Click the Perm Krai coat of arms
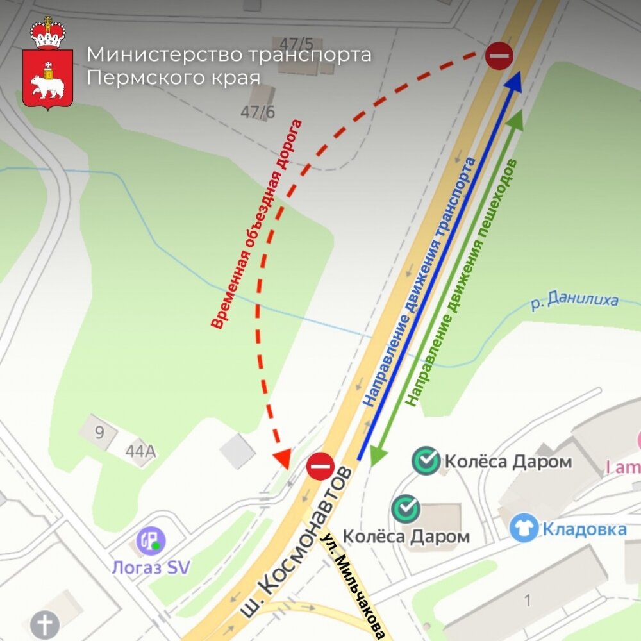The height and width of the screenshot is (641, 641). tap(48, 64)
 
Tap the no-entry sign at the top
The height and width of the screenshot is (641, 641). tap(499, 56)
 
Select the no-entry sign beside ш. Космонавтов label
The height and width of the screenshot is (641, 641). tap(320, 466)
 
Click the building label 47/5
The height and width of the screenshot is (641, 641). tap(297, 44)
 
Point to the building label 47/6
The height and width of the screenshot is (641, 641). tap(258, 112)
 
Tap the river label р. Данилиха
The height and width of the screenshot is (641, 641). tap(575, 301)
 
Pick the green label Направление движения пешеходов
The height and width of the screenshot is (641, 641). tap(462, 282)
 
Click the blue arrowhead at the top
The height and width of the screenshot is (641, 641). tap(515, 79)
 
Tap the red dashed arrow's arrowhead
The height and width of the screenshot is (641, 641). tap(281, 458)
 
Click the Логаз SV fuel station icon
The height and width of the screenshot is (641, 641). tap(151, 541)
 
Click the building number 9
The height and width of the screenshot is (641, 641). tap(99, 432)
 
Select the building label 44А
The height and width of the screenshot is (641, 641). tap(140, 451)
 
